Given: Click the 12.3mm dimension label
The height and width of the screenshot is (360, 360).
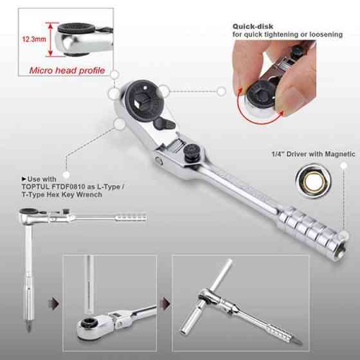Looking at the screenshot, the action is pos(34,39).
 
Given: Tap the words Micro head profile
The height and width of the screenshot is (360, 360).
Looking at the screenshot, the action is pos(67,71).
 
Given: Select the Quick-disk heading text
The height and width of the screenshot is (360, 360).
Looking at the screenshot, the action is pos(253,26).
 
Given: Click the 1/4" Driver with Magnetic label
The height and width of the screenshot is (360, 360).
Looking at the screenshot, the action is pos(313,154).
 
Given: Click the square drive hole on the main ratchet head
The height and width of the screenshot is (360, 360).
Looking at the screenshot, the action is pos(140,100).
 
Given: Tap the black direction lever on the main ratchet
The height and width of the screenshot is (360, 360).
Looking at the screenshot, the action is pos(164,123).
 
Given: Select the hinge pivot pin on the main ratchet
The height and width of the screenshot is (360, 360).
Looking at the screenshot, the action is pos(159,161).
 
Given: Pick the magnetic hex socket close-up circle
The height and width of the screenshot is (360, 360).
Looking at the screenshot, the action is pos(314,181).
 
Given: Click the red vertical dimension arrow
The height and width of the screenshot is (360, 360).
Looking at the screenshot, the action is pos(51,39).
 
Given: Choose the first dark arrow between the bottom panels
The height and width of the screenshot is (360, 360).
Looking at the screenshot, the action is pos(54,303).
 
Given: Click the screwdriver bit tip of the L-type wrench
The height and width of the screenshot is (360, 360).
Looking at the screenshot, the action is pos(28,327).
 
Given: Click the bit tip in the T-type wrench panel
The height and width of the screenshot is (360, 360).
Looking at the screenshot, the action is pos(298,341).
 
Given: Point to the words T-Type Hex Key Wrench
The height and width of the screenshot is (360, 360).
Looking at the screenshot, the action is pos(62,195).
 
